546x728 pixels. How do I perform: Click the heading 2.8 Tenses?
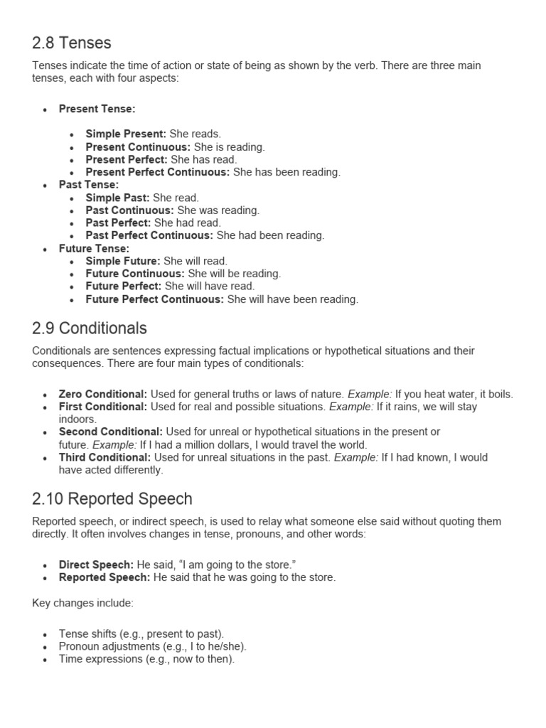coord(72,43)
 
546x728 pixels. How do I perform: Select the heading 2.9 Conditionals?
coord(90,328)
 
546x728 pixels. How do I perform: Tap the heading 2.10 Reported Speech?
coord(112,499)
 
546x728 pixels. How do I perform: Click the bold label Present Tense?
coord(97,109)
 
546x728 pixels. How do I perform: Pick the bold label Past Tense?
coord(89,185)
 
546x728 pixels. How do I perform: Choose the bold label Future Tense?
coord(94,249)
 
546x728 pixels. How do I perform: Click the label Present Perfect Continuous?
coord(158,172)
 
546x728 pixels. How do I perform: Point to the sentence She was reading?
coord(218,210)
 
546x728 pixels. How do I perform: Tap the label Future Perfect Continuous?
coord(155,299)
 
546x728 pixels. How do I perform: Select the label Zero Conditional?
coord(103,394)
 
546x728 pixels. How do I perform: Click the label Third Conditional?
coord(105,457)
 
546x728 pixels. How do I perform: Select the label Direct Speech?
coord(96,564)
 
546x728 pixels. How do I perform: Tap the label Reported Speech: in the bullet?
coord(105,577)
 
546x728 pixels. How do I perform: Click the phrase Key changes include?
coord(82,603)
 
